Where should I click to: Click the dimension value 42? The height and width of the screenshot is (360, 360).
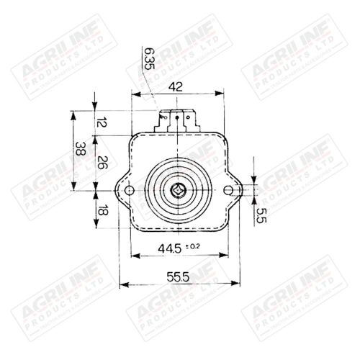click(176, 86)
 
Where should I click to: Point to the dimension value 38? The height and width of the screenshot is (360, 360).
click(81, 150)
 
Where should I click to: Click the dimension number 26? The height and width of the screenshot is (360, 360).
click(102, 163)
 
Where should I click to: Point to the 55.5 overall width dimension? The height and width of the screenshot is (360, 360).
click(176, 276)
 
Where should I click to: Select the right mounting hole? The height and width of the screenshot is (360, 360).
click(229, 190)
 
